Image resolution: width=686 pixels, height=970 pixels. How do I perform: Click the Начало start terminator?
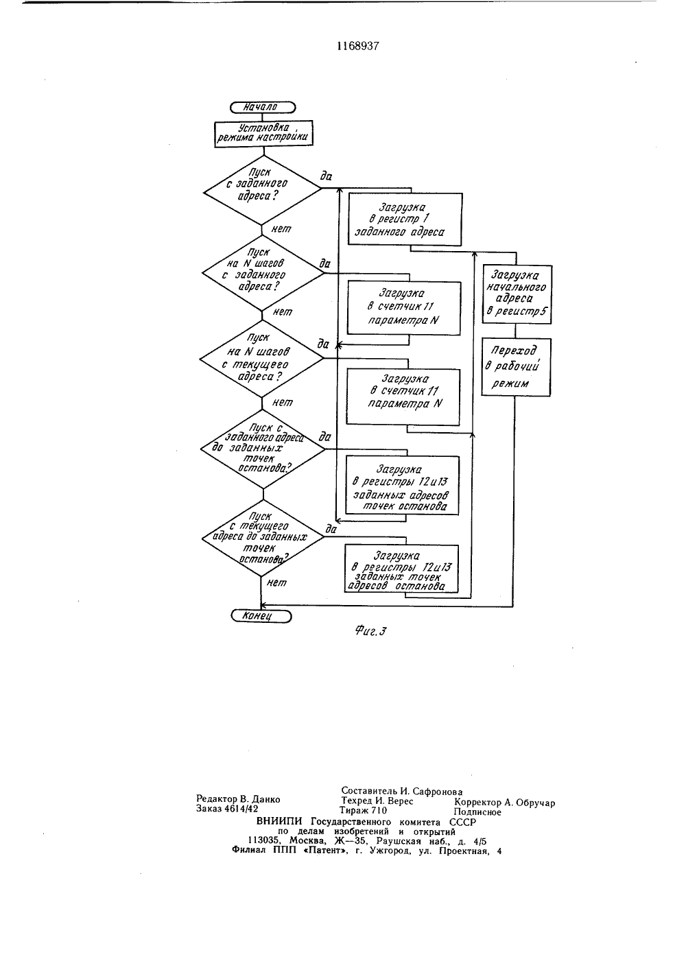[263, 107]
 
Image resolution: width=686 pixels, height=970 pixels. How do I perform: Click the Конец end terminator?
[261, 616]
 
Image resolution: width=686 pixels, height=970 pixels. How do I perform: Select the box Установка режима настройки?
[263, 133]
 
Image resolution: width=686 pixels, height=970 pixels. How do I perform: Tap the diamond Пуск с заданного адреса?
[263, 189]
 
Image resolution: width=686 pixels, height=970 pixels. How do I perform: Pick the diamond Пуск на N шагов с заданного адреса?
[263, 273]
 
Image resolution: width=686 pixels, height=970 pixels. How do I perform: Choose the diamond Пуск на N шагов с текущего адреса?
[261, 359]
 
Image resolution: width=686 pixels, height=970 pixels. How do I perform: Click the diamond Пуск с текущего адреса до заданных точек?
[263, 538]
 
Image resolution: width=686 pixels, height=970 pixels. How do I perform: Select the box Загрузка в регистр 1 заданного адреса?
[405, 219]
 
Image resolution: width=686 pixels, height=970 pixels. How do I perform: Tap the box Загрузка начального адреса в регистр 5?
[517, 294]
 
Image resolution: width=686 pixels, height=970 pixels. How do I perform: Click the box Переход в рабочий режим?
[517, 367]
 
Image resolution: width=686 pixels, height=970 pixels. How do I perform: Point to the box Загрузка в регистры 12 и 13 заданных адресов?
[402, 486]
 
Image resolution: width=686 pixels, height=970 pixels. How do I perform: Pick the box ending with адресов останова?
[402, 569]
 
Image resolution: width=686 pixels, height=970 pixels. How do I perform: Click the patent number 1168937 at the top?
[357, 46]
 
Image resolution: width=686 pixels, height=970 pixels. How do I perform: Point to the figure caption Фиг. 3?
[370, 631]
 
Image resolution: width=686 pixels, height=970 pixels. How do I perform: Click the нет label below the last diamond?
[276, 583]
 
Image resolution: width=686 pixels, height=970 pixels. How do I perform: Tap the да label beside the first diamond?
[326, 176]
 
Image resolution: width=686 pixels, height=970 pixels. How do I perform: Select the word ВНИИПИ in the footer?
[281, 822]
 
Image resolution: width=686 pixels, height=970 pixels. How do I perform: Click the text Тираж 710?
[363, 810]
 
